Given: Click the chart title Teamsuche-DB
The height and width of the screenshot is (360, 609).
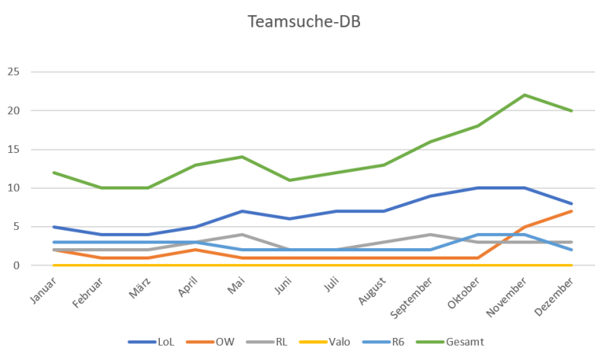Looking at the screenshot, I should (x=304, y=21).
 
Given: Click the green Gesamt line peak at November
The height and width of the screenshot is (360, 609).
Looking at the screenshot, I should (x=525, y=95).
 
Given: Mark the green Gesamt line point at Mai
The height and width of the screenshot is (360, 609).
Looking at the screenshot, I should (x=241, y=157).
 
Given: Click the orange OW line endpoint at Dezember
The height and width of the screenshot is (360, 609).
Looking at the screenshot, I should (x=571, y=211).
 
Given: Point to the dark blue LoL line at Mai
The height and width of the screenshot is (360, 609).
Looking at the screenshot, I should (x=241, y=211).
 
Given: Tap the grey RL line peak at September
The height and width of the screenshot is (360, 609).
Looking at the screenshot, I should (x=430, y=234).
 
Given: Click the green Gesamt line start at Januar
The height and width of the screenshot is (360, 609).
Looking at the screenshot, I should (x=53, y=172).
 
